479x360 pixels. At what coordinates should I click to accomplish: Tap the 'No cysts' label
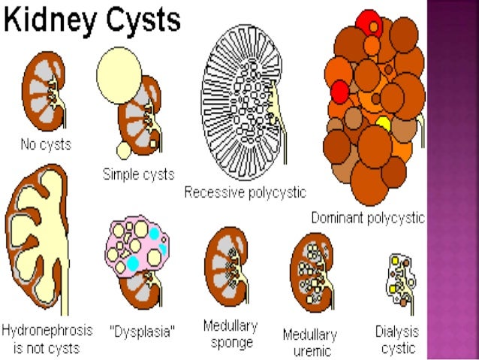tap(45, 144)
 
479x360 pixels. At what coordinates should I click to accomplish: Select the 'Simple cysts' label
tap(138, 174)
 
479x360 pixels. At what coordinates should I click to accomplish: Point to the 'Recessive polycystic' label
tap(246, 192)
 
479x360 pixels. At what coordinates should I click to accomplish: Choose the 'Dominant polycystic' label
tap(368, 218)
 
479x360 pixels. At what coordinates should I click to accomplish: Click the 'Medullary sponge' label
tap(230, 334)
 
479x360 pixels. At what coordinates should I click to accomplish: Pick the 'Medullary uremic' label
tap(309, 342)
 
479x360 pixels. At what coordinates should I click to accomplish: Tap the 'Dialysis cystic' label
tap(397, 339)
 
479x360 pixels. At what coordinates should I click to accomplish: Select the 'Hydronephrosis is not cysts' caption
tap(47, 339)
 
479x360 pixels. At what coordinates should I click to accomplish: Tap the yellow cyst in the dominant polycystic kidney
tap(383, 124)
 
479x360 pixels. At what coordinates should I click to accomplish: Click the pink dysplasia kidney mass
tap(137, 248)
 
